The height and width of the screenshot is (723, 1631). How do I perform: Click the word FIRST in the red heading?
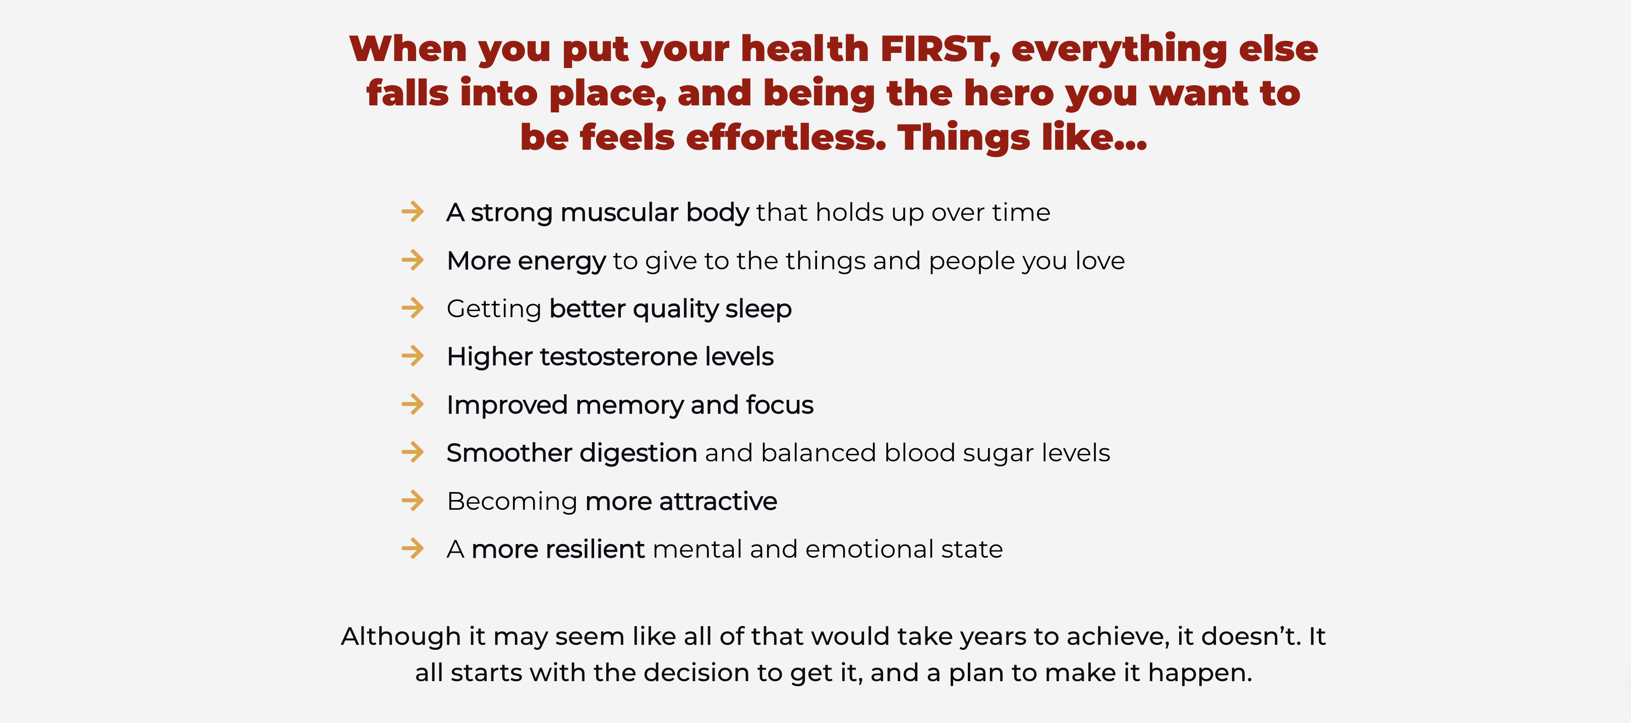click(940, 49)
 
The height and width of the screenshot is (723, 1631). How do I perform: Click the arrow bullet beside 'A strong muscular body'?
click(413, 211)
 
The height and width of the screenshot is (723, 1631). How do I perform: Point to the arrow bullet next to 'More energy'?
click(413, 260)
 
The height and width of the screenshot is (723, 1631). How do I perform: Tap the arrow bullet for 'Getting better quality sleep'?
click(413, 308)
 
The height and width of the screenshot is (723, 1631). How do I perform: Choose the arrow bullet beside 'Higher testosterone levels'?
click(413, 356)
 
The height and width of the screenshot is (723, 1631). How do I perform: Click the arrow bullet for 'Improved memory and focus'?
click(413, 404)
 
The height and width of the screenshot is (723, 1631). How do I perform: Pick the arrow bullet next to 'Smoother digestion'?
click(413, 452)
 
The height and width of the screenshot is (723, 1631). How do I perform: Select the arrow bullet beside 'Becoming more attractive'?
click(413, 500)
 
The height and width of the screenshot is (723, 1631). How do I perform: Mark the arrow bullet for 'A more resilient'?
click(413, 548)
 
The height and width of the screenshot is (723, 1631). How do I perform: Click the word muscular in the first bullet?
click(619, 213)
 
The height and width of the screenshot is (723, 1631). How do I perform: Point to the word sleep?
click(759, 310)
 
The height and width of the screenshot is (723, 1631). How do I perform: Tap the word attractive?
click(718, 502)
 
